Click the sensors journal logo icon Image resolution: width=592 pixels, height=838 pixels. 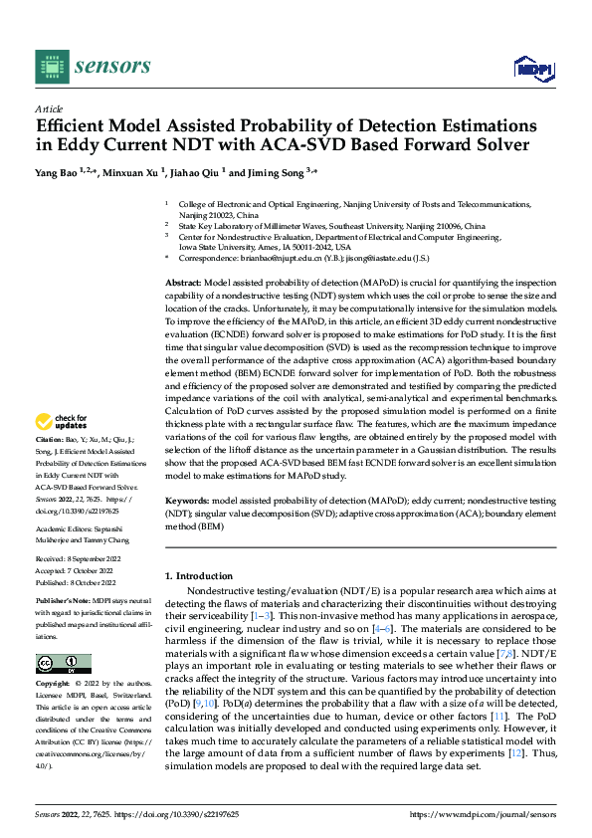click(53, 66)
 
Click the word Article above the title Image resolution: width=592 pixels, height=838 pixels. click(49, 108)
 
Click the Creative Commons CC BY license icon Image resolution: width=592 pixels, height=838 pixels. click(64, 664)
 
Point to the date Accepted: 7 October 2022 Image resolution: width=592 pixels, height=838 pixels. click(72, 571)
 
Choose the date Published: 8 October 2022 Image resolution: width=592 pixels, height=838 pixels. click(74, 582)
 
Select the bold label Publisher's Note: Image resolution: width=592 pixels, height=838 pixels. click(62, 602)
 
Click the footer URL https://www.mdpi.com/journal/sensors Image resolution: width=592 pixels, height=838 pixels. click(482, 813)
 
